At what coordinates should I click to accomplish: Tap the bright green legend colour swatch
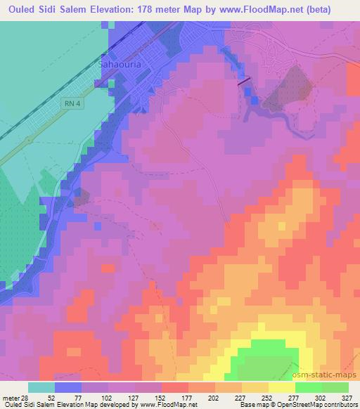308,387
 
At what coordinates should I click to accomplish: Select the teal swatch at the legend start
41,387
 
